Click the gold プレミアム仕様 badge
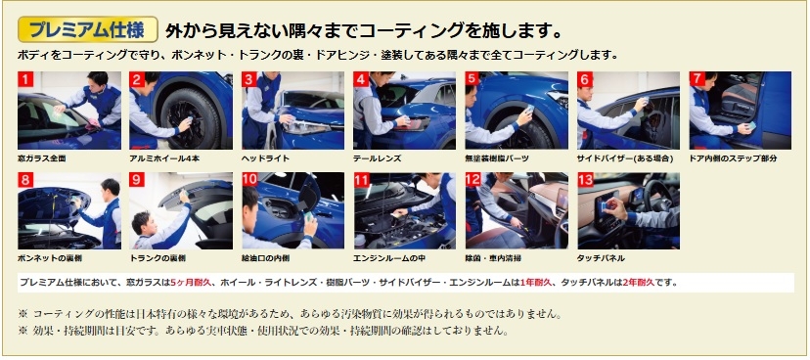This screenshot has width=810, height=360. point(88,29)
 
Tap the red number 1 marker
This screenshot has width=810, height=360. point(25,79)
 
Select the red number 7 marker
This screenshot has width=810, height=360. point(697,79)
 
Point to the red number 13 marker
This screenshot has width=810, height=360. point(585,180)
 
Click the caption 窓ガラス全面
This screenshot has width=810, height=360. point(42,158)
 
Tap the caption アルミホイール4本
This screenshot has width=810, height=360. point(164,158)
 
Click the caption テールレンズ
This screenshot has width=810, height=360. point(378,158)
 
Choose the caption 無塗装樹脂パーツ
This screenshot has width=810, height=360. point(497,158)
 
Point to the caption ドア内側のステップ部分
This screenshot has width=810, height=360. point(733,158)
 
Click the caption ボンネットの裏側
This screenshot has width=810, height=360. point(50,258)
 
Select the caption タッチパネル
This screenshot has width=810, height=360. point(601,258)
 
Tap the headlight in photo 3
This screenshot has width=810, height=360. point(306,127)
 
